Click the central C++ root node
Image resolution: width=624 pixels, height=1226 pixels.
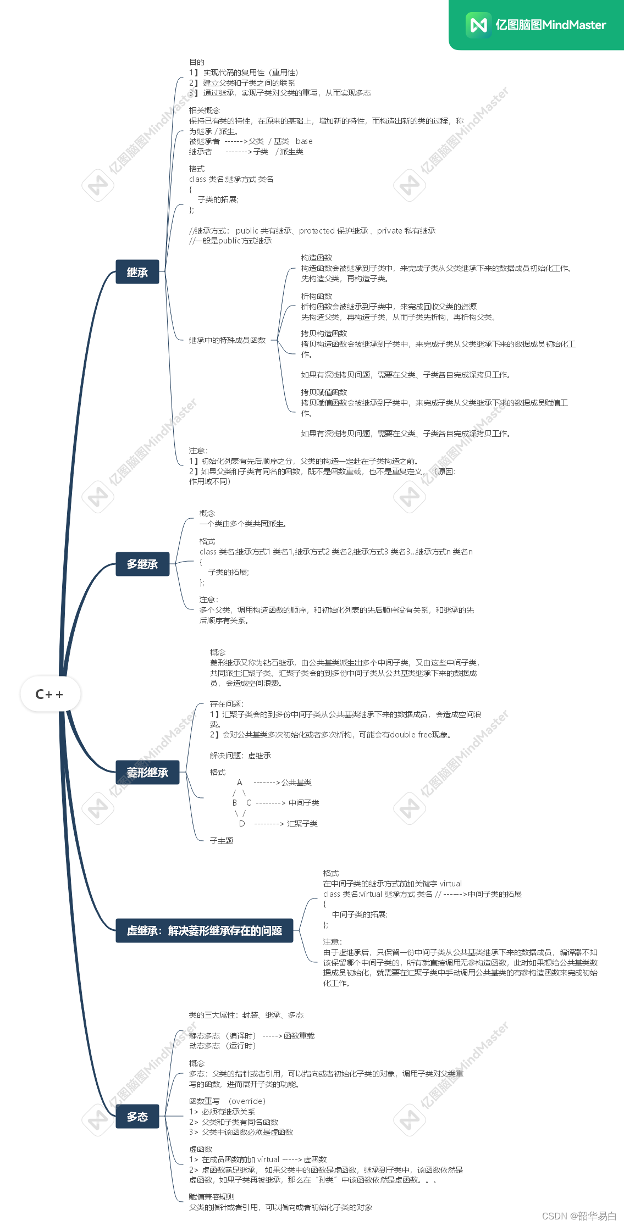point(49,694)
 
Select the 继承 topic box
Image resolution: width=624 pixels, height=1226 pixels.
point(137,272)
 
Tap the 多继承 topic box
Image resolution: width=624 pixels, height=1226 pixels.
point(142,564)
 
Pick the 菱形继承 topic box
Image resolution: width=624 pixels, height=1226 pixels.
point(147,772)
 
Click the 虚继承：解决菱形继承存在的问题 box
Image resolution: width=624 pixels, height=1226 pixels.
point(204,930)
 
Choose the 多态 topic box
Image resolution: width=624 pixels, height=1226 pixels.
point(137,1116)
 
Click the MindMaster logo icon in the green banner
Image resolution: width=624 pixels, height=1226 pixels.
point(478,25)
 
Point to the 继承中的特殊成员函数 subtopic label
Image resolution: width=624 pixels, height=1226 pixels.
point(227,340)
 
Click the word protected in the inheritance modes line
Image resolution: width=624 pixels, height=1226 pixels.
point(317,231)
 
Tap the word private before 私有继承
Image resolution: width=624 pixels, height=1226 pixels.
point(389,231)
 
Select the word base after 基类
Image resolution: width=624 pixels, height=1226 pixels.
point(304,141)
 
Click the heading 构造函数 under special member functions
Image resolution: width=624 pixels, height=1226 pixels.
point(316,258)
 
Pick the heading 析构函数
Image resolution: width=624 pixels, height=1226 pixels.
point(316,296)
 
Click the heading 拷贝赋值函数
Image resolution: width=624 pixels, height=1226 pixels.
point(324,392)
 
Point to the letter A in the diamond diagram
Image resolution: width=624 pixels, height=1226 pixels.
point(239,783)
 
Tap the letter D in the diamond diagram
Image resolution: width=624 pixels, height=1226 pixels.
point(241,824)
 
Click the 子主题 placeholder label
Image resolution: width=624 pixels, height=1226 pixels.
point(222,841)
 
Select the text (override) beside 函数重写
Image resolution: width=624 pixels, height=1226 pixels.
point(247,1101)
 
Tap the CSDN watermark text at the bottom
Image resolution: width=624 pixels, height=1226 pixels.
point(579,1216)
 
